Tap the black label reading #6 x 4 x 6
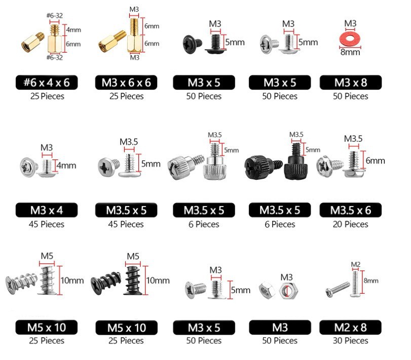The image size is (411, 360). point(47,83)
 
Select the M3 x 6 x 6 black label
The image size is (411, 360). point(126,83)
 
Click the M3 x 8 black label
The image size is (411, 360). point(351,83)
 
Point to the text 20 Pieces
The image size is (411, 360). point(351,224)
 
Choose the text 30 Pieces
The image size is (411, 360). point(351,341)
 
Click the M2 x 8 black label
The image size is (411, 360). point(351,327)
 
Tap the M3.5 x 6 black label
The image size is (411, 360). point(351,210)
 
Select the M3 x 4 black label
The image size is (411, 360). point(47,210)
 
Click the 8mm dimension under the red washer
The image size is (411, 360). point(350,52)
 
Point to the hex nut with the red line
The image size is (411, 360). point(288,291)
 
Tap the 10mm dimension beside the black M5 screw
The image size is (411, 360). point(158,281)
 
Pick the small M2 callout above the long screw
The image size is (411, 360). point(356,264)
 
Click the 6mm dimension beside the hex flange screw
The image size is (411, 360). point(376,161)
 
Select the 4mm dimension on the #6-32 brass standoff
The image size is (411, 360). point(73,29)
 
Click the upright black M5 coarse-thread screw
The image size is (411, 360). point(133,281)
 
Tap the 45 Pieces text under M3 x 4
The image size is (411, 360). point(47,224)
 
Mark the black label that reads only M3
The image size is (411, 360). point(280,327)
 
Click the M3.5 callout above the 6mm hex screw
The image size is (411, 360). point(353,139)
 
